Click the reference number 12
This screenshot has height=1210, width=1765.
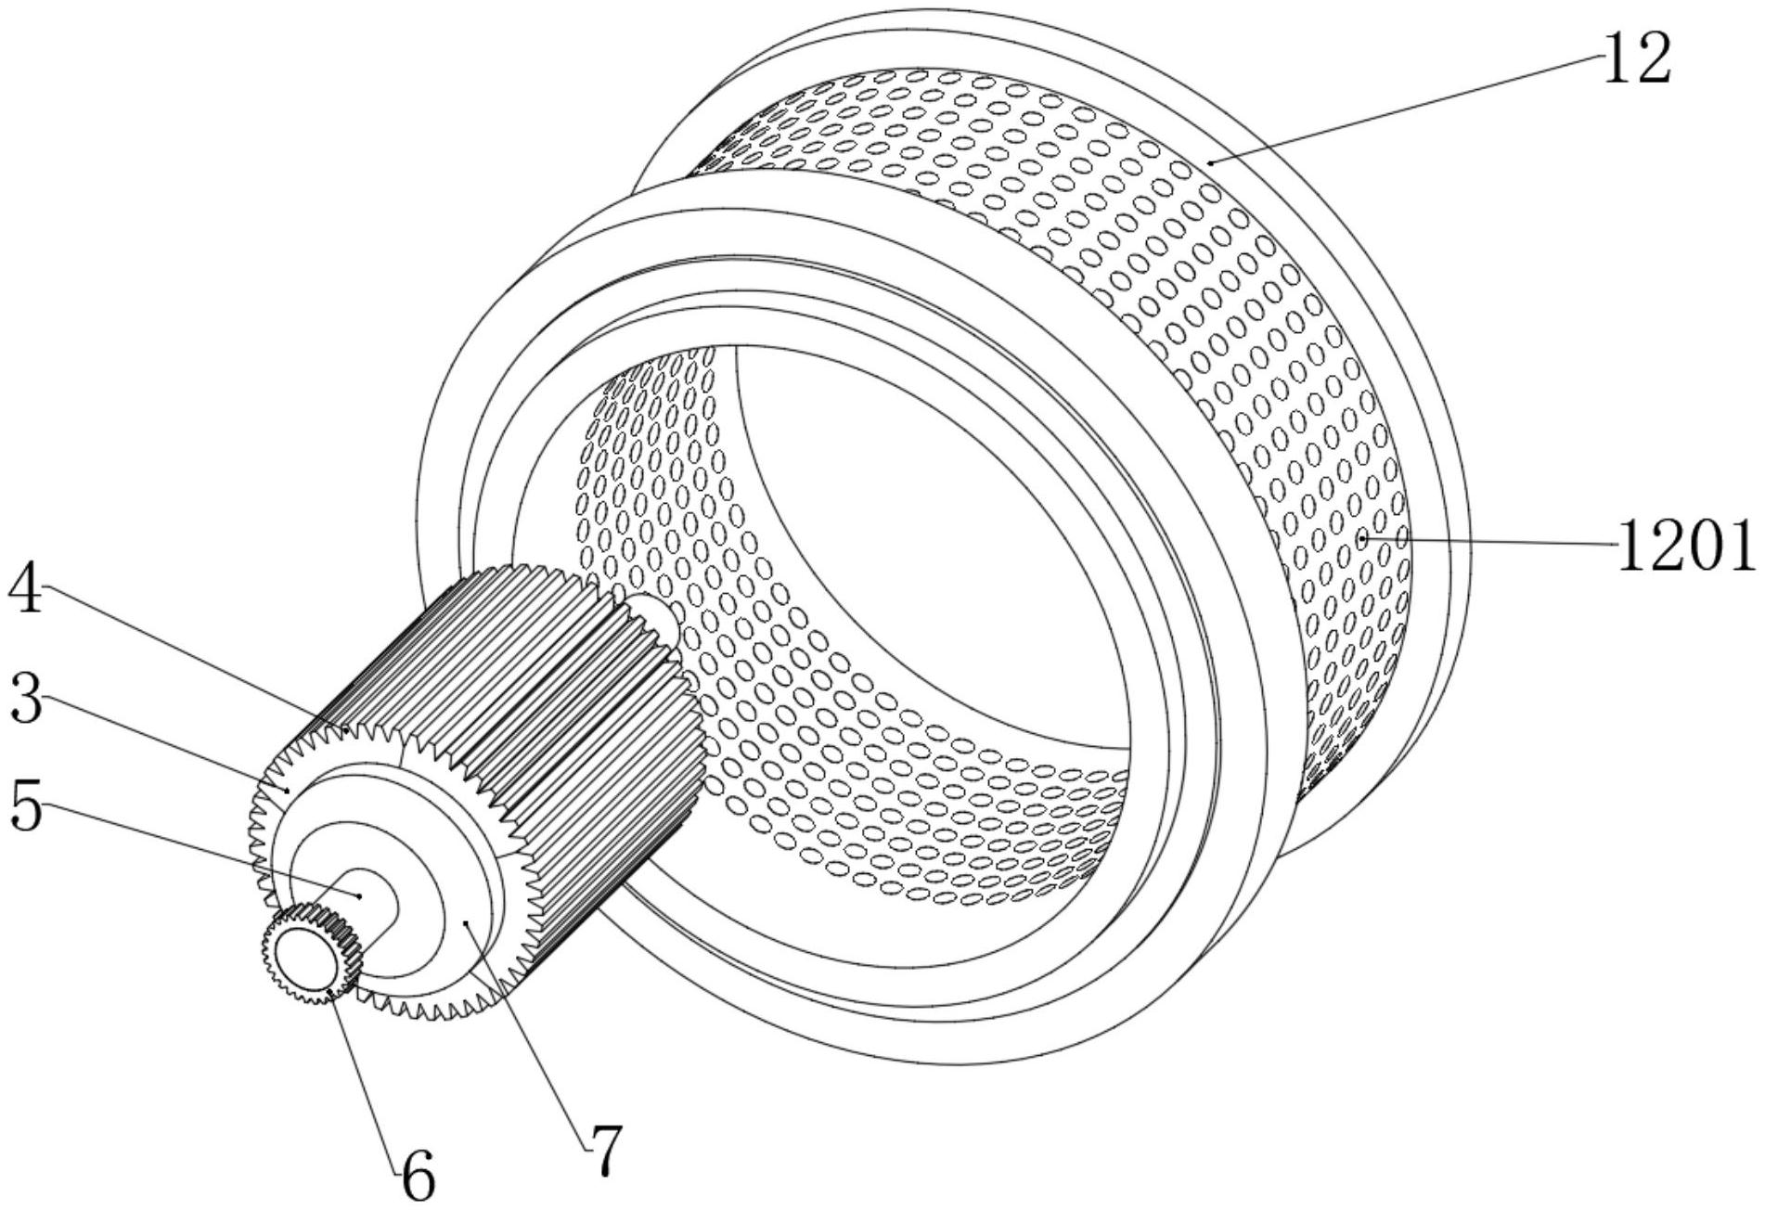coord(1638,58)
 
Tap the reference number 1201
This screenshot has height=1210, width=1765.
coord(1686,545)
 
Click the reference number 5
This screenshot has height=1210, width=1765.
coord(26,805)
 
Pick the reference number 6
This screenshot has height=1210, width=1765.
coord(418,1178)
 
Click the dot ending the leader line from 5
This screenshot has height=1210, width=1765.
coord(360,895)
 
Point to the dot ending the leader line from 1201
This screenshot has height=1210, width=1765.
coord(1361,537)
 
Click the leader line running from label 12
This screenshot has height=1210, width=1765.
coord(1407,108)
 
